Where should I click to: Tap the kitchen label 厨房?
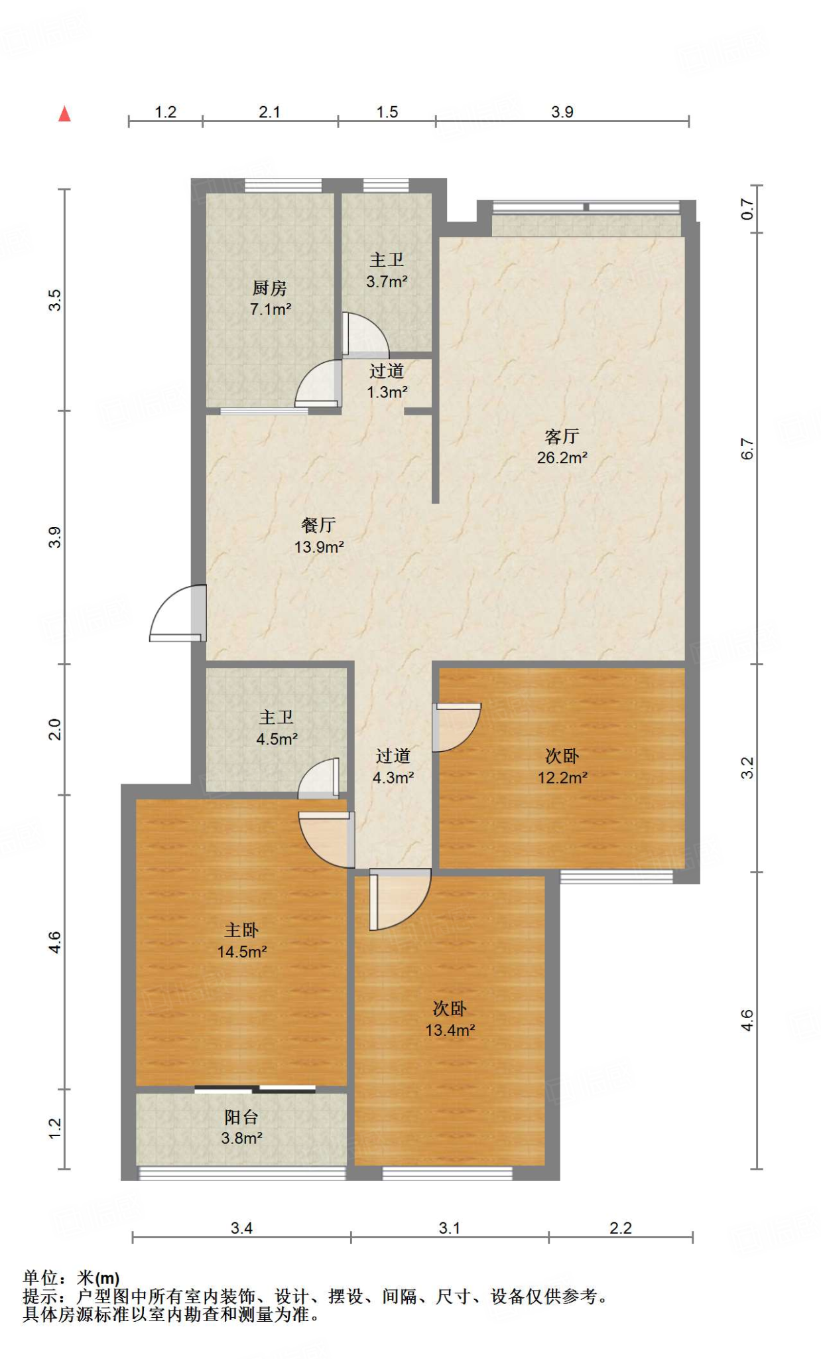point(270,288)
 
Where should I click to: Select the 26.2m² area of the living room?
point(562,457)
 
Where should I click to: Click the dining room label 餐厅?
point(319,525)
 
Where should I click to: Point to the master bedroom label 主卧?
point(241,930)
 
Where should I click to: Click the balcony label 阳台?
point(241,1117)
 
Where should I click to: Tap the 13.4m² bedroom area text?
point(450,1030)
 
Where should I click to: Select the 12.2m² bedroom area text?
point(563,777)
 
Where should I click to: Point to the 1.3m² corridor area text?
point(387,392)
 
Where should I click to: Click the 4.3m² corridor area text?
point(393,777)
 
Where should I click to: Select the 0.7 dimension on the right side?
point(747,210)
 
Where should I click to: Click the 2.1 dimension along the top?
point(269,112)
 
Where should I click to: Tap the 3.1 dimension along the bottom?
point(450,1228)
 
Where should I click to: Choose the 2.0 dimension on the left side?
point(55,729)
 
